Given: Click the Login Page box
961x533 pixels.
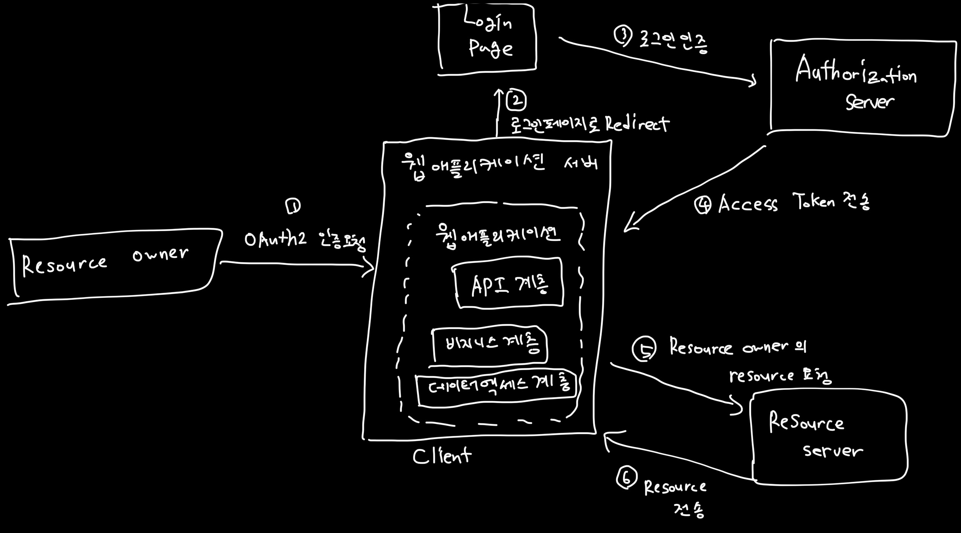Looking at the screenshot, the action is [487, 38].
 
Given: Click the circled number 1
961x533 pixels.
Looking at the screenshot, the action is [293, 206].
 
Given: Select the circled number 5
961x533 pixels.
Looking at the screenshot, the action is [644, 348].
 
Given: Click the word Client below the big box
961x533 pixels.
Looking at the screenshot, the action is [442, 456].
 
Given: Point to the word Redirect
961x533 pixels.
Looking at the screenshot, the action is [637, 124].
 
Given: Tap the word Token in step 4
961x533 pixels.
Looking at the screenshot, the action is [813, 201].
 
